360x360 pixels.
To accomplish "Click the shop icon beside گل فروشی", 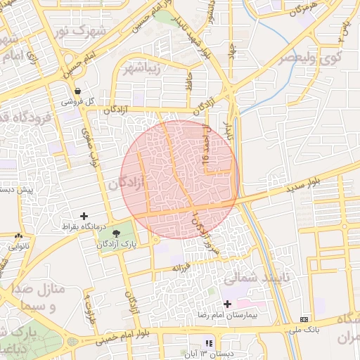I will (x=77, y=91).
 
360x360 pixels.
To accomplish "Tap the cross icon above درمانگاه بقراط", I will (x=84, y=216).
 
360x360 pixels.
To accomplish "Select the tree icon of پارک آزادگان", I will (x=115, y=232).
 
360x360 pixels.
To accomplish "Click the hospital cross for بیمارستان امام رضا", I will (x=226, y=303).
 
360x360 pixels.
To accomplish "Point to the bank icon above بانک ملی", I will (x=303, y=319).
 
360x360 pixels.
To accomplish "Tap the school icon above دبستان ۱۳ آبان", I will (x=208, y=343).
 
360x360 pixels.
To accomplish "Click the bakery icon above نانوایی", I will (x=18, y=237).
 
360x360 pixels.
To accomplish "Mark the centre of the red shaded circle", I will (x=179, y=179).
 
